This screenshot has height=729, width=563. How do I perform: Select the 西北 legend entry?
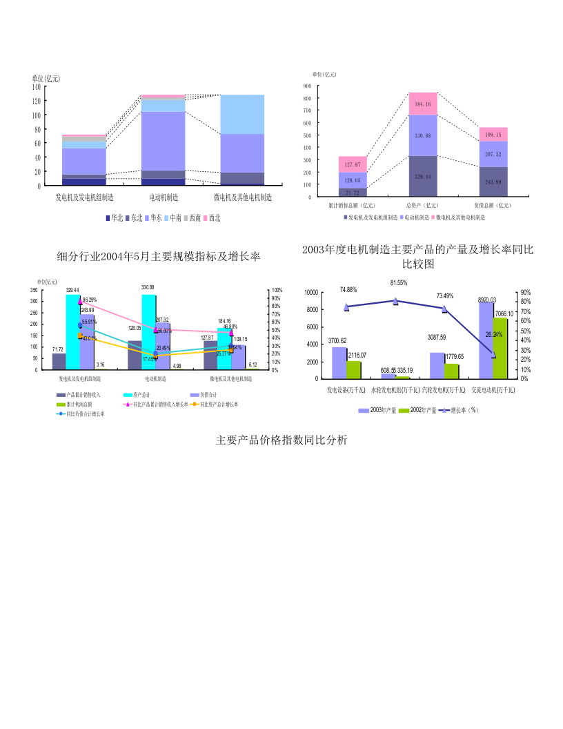(210, 218)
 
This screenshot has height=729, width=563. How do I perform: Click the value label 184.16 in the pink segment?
(423, 104)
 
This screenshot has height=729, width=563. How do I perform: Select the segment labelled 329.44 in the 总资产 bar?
(423, 177)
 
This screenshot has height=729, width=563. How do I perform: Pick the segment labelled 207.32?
(493, 154)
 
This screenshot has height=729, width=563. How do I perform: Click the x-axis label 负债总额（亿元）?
(493, 205)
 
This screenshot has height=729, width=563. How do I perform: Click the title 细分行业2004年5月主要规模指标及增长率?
(158, 257)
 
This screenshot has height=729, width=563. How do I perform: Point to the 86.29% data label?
(89, 300)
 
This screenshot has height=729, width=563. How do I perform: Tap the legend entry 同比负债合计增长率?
(85, 414)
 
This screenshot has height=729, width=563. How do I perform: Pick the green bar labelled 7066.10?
(500, 348)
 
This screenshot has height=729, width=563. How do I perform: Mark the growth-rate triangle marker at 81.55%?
(395, 301)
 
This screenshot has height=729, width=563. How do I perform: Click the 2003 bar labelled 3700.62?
(339, 362)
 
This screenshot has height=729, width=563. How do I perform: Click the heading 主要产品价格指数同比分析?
(281, 440)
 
